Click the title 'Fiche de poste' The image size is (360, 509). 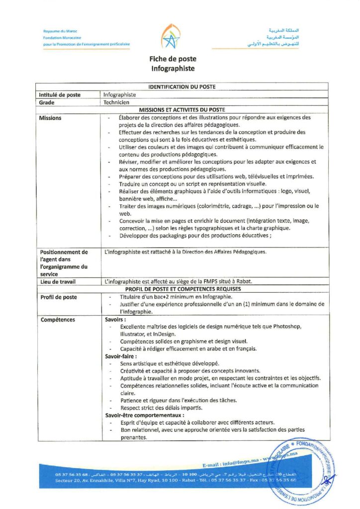tap(173, 59)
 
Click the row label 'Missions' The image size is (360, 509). tap(50, 118)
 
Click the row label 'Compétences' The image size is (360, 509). tap(57, 319)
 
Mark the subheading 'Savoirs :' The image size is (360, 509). tap(115, 319)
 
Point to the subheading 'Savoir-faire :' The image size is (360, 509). tap(120, 356)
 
